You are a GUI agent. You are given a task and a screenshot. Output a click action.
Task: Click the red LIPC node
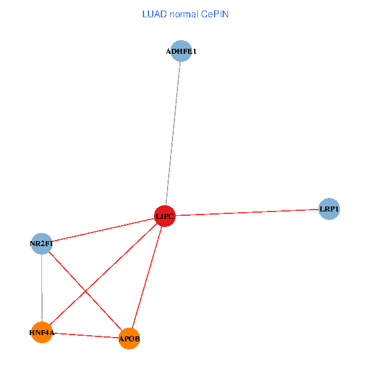(x=164, y=216)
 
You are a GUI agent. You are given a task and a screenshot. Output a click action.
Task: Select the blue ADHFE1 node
(x=181, y=51)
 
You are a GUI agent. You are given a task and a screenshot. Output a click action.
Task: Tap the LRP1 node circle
(x=329, y=209)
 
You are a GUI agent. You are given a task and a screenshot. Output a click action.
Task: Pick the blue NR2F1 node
(x=41, y=244)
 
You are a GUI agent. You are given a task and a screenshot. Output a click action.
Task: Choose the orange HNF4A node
(x=41, y=332)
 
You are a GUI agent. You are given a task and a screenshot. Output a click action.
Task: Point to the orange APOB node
(x=129, y=338)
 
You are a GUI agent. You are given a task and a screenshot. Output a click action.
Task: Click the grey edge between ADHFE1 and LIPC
(x=173, y=134)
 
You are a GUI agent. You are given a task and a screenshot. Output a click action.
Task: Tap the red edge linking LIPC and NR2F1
(x=103, y=229)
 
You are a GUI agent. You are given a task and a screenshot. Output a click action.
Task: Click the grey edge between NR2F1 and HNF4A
(x=41, y=288)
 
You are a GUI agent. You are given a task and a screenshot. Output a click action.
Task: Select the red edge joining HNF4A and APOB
(x=85, y=335)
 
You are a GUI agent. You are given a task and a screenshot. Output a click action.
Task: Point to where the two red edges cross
(x=85, y=290)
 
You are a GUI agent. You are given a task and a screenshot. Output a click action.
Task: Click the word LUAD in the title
(x=155, y=14)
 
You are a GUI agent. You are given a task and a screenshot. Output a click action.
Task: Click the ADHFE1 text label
(x=181, y=51)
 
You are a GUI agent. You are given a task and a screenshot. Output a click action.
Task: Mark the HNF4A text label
(x=41, y=333)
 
